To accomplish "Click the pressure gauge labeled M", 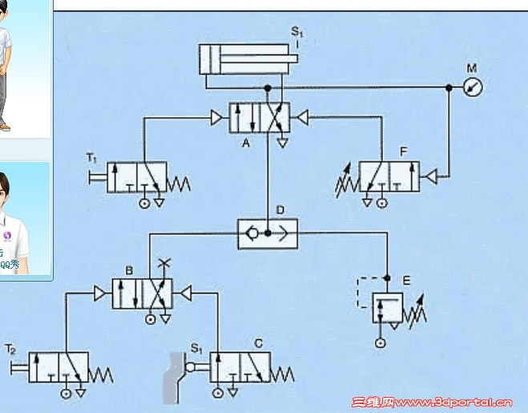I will (x=473, y=87).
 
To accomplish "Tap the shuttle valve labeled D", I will (x=268, y=233).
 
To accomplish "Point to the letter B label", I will (x=128, y=270).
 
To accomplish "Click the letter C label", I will (x=258, y=343).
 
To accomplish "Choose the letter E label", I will (x=406, y=280).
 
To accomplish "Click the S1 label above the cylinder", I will (x=297, y=33).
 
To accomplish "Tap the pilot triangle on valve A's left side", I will (x=217, y=118).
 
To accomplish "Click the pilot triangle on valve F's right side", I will (x=429, y=176).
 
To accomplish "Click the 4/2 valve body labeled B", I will (x=142, y=294).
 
